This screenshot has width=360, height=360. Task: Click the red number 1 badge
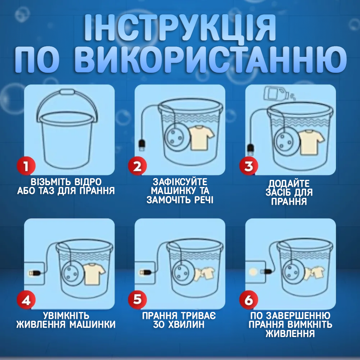click(x=26, y=166)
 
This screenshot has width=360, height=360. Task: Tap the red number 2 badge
click(x=137, y=166)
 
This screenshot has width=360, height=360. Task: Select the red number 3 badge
click(x=248, y=166)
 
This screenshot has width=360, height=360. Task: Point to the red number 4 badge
click(x=26, y=300)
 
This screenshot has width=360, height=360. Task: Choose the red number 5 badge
click(x=137, y=300)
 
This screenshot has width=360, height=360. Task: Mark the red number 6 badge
click(x=248, y=300)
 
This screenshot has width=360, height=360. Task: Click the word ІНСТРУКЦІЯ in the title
click(x=180, y=30)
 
